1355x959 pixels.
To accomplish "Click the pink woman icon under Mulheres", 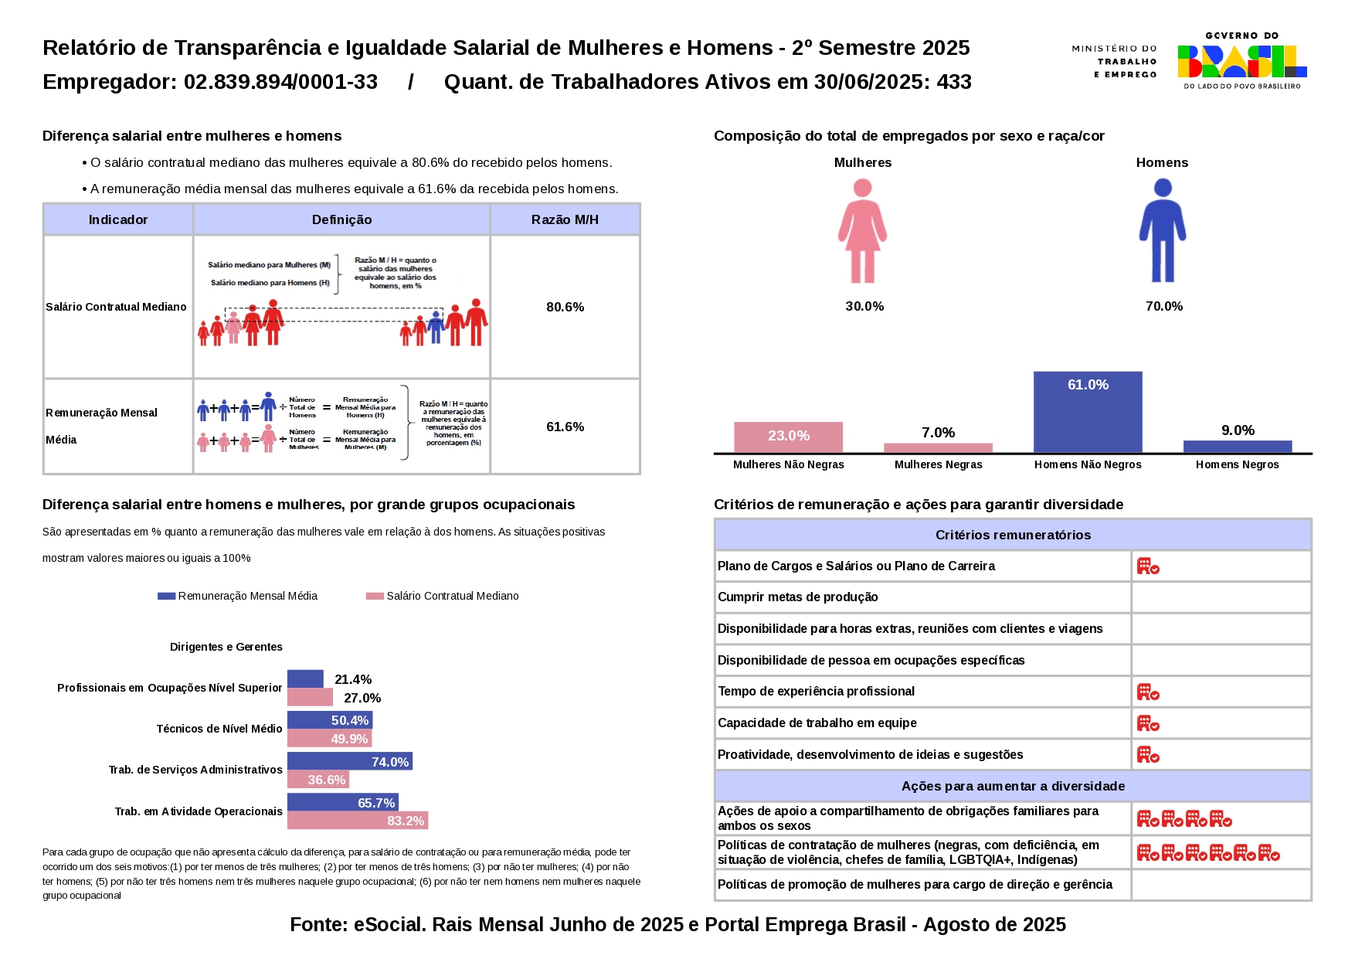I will [x=862, y=230].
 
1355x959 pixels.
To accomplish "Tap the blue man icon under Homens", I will [x=1162, y=230].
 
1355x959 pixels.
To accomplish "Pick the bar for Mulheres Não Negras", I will [x=788, y=437].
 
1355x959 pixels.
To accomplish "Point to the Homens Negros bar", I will [x=1237, y=446].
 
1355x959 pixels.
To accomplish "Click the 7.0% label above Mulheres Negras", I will [x=938, y=433].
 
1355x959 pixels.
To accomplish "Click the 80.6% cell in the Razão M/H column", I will [x=565, y=307].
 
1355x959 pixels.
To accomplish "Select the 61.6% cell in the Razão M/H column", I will [x=565, y=427].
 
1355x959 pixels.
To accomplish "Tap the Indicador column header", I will [x=117, y=219].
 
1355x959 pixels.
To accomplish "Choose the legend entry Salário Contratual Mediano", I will [x=452, y=596].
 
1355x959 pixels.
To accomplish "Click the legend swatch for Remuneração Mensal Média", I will [x=166, y=596].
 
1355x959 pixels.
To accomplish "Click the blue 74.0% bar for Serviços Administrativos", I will [x=349, y=761].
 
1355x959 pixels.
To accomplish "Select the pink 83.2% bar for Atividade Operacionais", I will [x=357, y=821].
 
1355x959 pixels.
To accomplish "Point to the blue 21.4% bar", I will [x=305, y=678].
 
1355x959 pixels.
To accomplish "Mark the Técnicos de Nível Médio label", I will [x=219, y=729].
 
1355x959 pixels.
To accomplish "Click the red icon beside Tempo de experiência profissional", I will [x=1148, y=692].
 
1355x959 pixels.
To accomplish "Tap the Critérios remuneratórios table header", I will [x=1013, y=535].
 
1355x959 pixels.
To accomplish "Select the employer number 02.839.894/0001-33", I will [x=280, y=82].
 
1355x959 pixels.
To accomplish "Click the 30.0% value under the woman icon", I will [x=864, y=306].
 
